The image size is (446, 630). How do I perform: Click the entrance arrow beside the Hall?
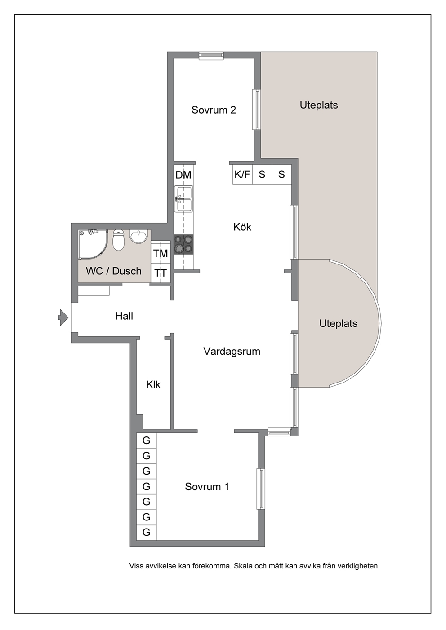[63, 317]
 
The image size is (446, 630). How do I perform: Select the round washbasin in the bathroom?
[138, 237]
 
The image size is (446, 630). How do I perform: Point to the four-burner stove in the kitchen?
[183, 244]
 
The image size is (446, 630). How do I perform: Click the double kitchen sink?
[183, 199]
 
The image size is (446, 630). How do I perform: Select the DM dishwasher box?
[183, 175]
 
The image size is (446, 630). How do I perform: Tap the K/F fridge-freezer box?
[242, 174]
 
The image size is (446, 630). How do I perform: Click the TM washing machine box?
[161, 253]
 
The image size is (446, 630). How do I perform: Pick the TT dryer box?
[161, 273]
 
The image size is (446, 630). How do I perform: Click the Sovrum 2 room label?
[214, 110]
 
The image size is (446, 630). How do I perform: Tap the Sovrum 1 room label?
[207, 487]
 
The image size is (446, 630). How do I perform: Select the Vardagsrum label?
[232, 352]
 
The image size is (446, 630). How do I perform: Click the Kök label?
[242, 227]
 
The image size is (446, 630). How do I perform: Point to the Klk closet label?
[153, 384]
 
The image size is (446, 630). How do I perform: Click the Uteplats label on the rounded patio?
[338, 323]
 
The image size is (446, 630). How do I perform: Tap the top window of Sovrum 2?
[211, 56]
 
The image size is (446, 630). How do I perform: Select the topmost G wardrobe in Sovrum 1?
[147, 441]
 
